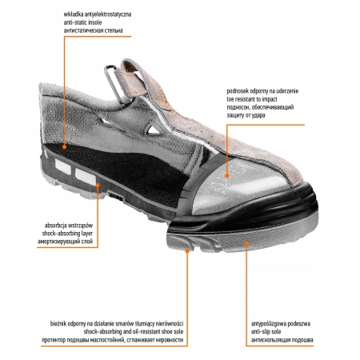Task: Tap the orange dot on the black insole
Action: click(x=64, y=146)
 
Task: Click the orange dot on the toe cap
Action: click(x=226, y=175)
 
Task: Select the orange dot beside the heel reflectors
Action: click(x=98, y=184)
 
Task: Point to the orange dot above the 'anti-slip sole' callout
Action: click(x=246, y=243)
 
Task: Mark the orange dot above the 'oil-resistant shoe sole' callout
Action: click(x=187, y=251)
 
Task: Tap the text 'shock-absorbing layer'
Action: click(x=67, y=234)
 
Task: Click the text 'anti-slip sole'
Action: click(x=266, y=332)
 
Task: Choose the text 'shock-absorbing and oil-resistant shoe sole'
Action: click(x=134, y=332)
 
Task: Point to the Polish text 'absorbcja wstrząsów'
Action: click(x=69, y=226)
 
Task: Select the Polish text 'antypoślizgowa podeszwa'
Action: click(x=281, y=324)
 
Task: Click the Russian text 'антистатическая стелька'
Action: click(x=94, y=30)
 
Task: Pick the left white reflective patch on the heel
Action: click(x=63, y=166)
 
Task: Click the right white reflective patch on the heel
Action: click(x=85, y=176)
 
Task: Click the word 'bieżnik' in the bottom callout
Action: click(x=58, y=324)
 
